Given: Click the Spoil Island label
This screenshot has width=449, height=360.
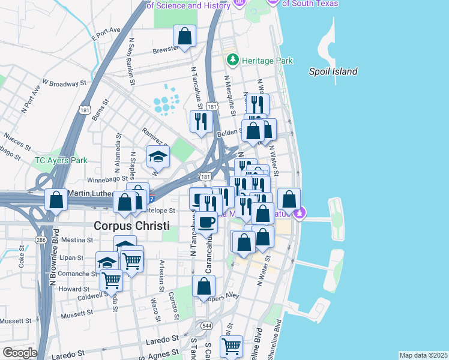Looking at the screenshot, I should point(333,71).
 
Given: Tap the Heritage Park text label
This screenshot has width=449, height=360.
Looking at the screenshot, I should point(267,61).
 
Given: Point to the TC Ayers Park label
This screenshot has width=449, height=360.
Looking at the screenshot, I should point(61,160).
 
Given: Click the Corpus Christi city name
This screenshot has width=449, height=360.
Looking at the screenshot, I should point(131,226).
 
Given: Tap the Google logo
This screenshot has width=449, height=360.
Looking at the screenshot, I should point(19,353).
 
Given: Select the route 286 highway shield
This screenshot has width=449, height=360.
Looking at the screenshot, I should point(41,239).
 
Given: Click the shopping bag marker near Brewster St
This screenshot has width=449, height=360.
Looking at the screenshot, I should point(184,36).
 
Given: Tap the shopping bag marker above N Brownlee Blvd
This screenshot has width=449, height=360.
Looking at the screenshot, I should point(56,200).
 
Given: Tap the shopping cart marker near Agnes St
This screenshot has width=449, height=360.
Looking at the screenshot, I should point(231,346).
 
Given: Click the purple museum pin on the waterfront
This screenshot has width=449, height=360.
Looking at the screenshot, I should point(300,212).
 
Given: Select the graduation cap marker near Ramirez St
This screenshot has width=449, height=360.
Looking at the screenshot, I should point(158,157).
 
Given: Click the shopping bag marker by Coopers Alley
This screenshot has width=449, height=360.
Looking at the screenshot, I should point(203,286).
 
